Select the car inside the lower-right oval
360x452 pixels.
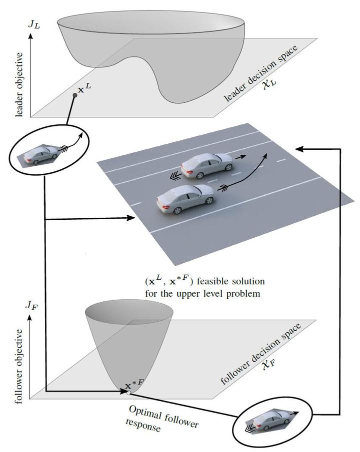(x=270, y=421)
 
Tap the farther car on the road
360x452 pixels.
(x=206, y=165)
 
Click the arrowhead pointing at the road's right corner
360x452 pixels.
(x=298, y=148)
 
